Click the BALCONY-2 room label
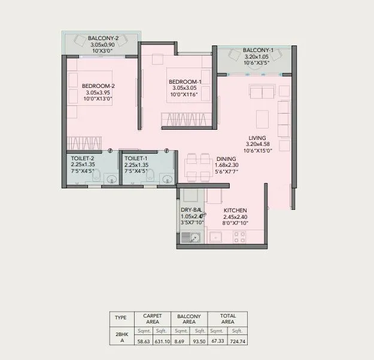103,38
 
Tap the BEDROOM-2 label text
98,86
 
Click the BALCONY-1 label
258,50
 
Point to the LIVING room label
257,138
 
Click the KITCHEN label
235,210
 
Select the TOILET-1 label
136,159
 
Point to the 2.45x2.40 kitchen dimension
235,216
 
